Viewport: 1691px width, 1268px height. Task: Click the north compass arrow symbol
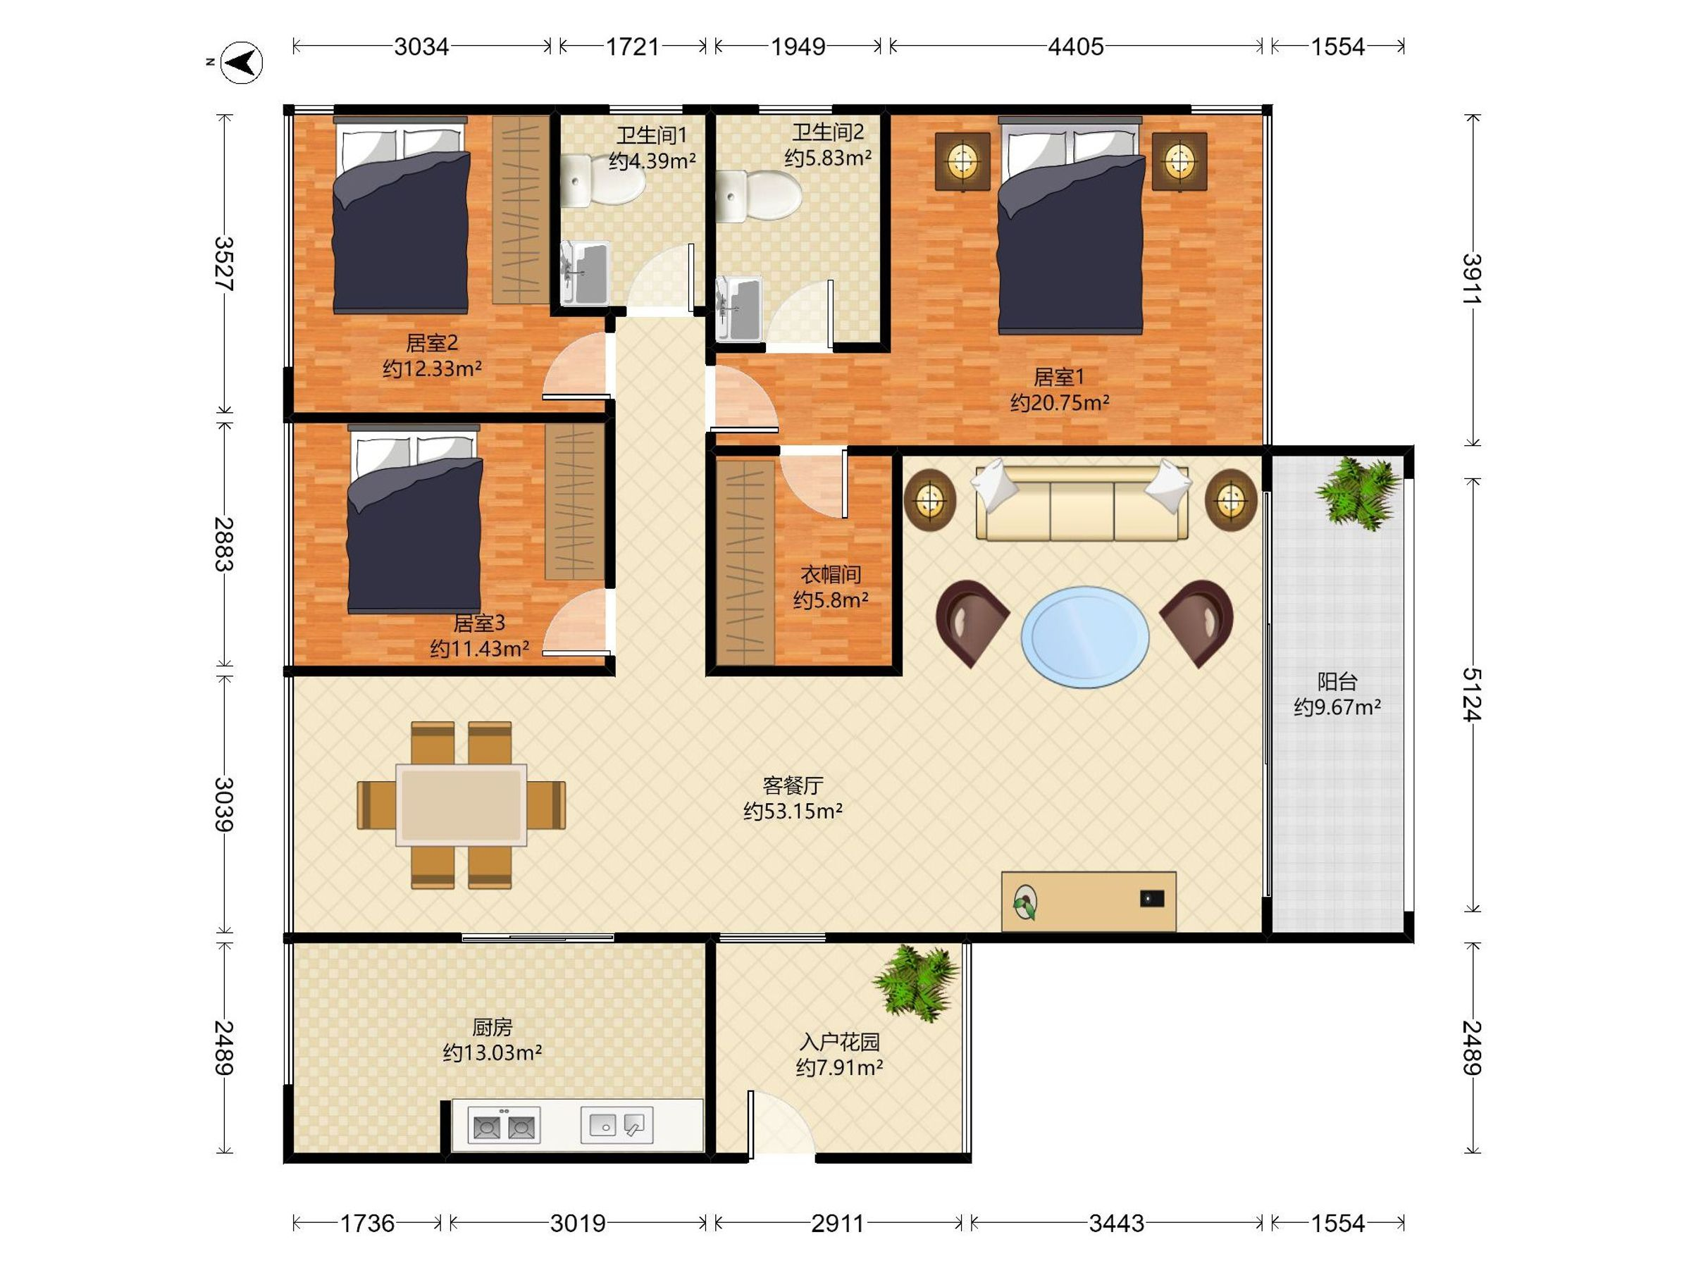(242, 63)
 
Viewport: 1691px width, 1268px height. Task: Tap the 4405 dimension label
(1076, 46)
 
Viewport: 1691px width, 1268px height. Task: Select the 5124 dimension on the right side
(1472, 694)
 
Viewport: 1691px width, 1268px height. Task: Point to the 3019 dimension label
(578, 1224)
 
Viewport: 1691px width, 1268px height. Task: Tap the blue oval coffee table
(1085, 637)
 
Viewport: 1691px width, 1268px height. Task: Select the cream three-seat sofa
(1082, 500)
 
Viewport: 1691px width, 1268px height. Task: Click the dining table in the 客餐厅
(461, 804)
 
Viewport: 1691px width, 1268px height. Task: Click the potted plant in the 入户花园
(915, 983)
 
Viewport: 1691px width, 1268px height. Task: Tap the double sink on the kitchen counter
(504, 1126)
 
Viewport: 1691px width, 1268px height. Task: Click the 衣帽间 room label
(831, 574)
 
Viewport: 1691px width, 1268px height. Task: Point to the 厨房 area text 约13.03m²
(493, 1052)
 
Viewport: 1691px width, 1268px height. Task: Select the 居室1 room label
(1060, 377)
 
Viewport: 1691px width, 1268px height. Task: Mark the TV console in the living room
(1089, 901)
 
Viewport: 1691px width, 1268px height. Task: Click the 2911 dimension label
(838, 1224)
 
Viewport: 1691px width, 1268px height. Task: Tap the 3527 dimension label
(223, 263)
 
